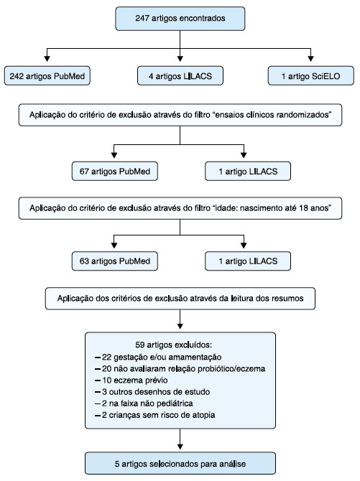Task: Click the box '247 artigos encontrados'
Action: (180, 19)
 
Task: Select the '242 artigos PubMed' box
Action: (47, 76)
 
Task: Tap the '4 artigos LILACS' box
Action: (180, 76)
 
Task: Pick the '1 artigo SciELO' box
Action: (311, 76)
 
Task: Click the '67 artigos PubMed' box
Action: (114, 171)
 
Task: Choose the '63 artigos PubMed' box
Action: (114, 261)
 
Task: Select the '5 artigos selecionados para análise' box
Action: (180, 463)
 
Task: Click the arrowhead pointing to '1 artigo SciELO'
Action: (311, 58)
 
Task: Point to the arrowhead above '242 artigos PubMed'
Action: (47, 58)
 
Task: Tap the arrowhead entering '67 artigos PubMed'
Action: (114, 154)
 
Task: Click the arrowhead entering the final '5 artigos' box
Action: (180, 447)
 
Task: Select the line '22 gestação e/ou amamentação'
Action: (158, 357)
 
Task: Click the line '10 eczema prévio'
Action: (131, 380)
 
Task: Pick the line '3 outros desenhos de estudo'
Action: (152, 392)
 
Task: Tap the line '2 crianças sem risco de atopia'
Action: (154, 415)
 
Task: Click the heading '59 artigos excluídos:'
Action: (174, 345)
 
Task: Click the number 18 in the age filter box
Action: (303, 208)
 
